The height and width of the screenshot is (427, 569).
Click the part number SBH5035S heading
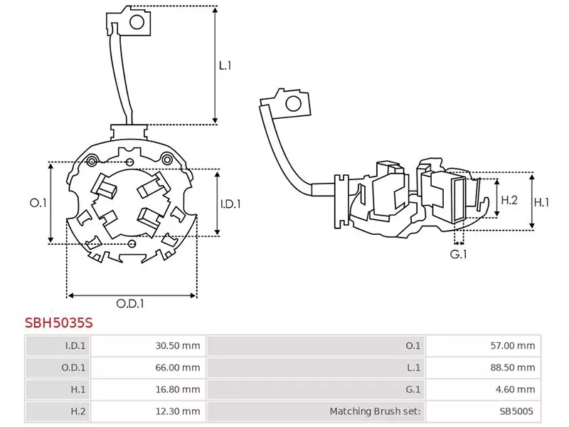(59, 322)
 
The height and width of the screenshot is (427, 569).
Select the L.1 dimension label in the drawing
(225, 65)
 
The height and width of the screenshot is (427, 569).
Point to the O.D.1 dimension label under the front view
(131, 303)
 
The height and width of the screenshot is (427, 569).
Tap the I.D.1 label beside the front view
(230, 204)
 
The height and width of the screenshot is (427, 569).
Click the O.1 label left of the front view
(38, 204)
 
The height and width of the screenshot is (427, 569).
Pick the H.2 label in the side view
(509, 201)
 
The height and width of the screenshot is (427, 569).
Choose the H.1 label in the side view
(542, 202)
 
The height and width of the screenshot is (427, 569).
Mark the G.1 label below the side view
(458, 254)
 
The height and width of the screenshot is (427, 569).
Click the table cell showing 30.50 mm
(178, 346)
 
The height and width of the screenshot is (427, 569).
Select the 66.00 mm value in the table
(178, 368)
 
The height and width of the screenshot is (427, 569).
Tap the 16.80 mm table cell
(178, 389)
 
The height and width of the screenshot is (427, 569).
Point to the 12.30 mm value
(178, 411)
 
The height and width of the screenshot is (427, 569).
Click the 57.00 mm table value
(514, 346)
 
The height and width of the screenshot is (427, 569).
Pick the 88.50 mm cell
(514, 368)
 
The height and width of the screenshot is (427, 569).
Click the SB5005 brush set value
(516, 411)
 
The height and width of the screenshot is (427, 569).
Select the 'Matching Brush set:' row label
(375, 411)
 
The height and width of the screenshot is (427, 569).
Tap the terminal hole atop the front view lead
(137, 21)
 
